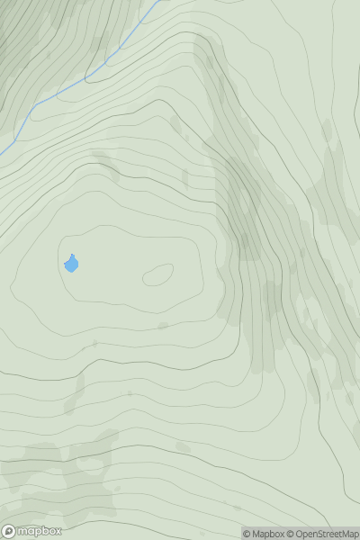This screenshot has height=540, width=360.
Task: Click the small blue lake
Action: click(x=71, y=264)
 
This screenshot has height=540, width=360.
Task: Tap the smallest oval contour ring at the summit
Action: click(x=157, y=274)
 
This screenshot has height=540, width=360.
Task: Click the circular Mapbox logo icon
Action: click(x=9, y=531)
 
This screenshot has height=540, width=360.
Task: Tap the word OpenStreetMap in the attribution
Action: click(x=328, y=534)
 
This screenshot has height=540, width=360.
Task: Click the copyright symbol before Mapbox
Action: click(x=247, y=534)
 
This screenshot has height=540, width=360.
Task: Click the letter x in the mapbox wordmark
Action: click(x=58, y=531)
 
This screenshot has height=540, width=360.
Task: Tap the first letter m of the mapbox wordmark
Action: click(x=23, y=531)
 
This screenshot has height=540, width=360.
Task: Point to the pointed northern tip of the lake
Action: click(x=71, y=255)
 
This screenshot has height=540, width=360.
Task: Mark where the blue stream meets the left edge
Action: click(x=1, y=150)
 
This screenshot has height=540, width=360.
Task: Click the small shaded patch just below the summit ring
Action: click(x=163, y=325)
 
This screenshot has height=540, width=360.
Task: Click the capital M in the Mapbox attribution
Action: click(x=256, y=534)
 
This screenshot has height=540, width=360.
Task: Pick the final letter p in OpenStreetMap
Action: click(x=355, y=535)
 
